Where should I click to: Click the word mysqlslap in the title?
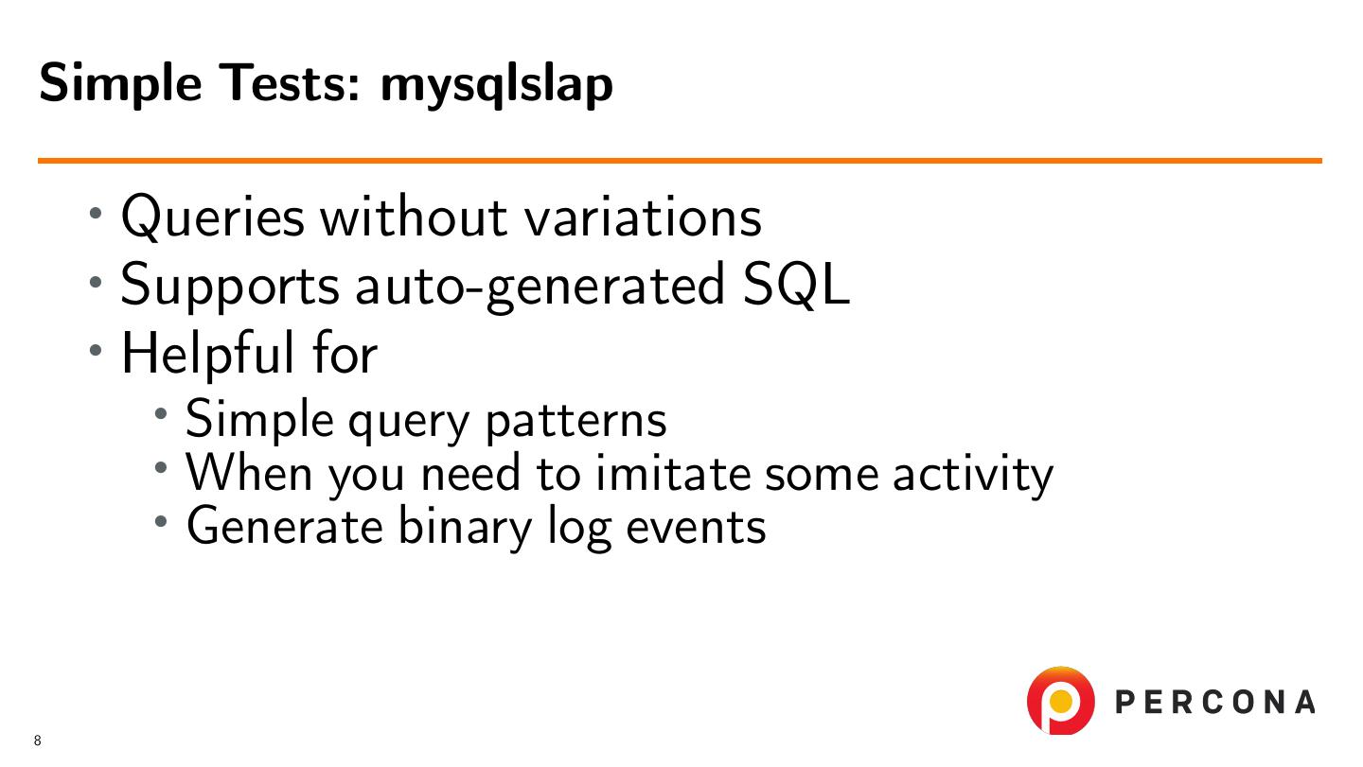pyautogui.click(x=497, y=85)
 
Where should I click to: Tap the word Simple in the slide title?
pyautogui.click(x=120, y=84)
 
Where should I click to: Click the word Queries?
pyautogui.click(x=213, y=217)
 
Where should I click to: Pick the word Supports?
pyautogui.click(x=230, y=287)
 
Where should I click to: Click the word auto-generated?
pyautogui.click(x=540, y=287)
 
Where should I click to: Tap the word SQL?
pyautogui.click(x=796, y=284)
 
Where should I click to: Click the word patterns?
pyautogui.click(x=575, y=421)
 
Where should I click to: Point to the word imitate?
pyautogui.click(x=673, y=473)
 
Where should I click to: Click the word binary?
pyautogui.click(x=465, y=528)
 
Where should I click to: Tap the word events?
pyautogui.click(x=696, y=528)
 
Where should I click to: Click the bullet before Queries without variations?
pyautogui.click(x=96, y=214)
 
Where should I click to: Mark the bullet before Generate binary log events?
pyautogui.click(x=161, y=521)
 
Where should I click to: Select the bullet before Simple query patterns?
pyautogui.click(x=161, y=414)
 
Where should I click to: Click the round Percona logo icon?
pyautogui.click(x=1060, y=700)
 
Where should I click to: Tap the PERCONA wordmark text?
pyautogui.click(x=1214, y=702)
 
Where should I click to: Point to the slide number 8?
pyautogui.click(x=38, y=741)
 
